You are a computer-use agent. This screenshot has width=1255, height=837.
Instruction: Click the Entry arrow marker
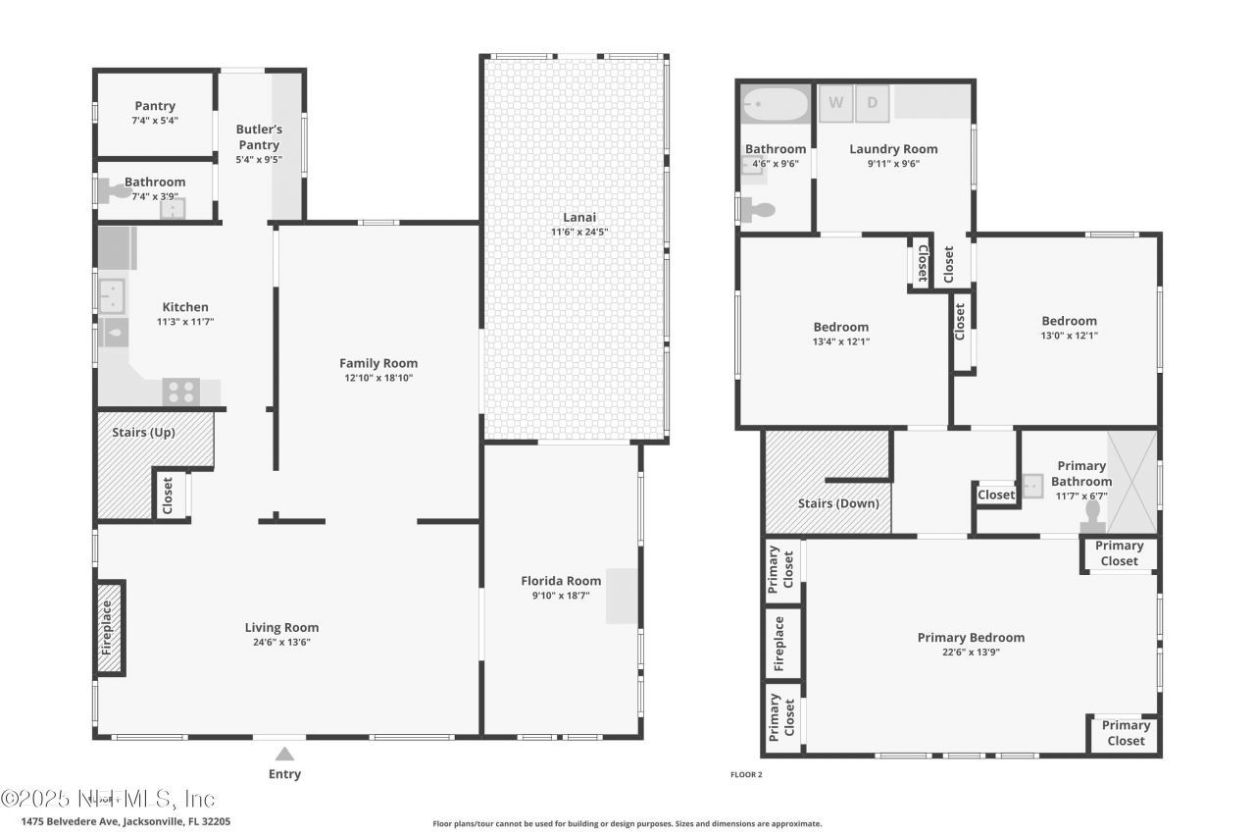[284, 754]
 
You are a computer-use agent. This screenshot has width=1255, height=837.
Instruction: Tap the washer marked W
[836, 103]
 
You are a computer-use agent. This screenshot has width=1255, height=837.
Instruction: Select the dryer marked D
[873, 103]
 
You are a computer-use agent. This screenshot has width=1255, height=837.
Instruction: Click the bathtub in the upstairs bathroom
[775, 103]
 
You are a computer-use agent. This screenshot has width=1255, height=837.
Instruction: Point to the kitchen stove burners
[181, 392]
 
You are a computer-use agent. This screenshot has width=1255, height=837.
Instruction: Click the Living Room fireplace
[109, 629]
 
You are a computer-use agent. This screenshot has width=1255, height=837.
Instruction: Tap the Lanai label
[578, 217]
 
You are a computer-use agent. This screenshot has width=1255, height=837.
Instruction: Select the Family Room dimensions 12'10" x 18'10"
[378, 378]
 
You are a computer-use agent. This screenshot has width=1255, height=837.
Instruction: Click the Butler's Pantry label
[259, 137]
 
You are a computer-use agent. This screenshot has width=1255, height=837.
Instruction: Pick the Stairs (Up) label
[142, 432]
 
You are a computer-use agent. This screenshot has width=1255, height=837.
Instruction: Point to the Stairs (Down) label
[838, 503]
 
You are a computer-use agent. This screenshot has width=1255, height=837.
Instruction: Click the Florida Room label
[561, 581]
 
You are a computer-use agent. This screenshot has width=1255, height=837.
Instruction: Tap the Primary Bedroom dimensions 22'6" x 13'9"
[971, 653]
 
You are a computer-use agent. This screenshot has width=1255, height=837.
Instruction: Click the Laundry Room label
[893, 149]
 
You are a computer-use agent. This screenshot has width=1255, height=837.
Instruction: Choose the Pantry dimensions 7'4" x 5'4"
[155, 121]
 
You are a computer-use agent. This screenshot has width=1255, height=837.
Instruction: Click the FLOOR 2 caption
[746, 774]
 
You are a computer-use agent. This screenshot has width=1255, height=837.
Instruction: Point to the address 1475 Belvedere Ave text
[125, 821]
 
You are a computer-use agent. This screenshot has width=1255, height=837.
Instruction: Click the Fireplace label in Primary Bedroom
[780, 644]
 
